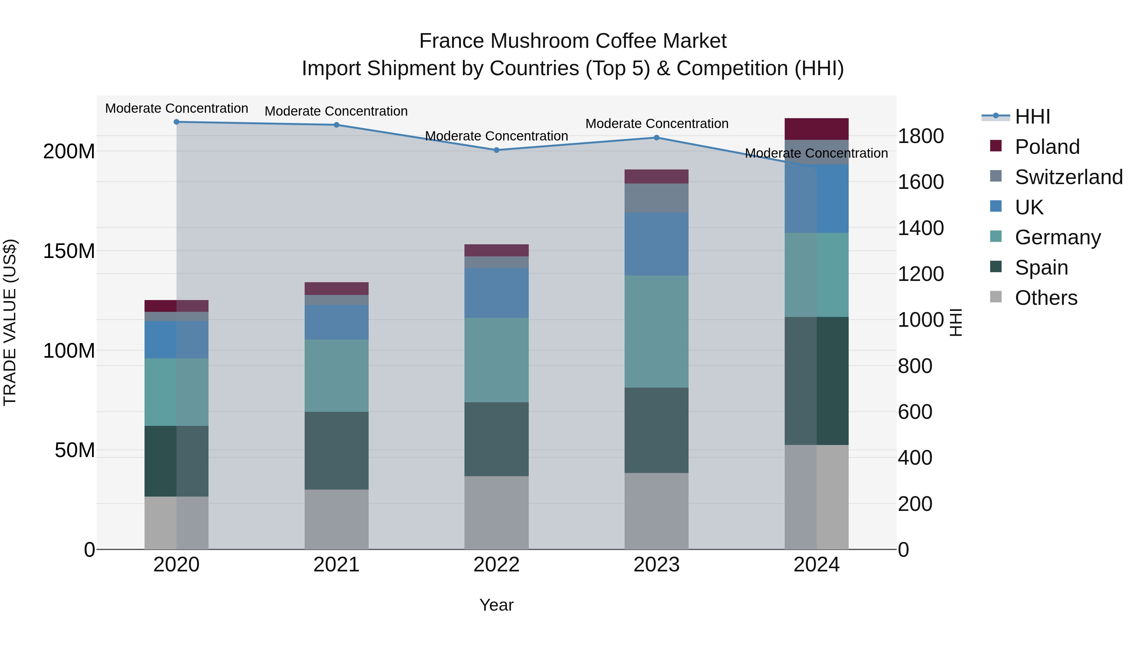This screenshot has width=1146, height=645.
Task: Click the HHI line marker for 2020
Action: (x=177, y=122)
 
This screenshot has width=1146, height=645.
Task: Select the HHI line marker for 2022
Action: (x=497, y=150)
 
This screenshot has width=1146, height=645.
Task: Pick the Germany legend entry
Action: (x=1058, y=237)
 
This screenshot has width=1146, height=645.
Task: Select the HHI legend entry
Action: (x=1032, y=117)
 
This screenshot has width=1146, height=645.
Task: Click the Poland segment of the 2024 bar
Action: (x=816, y=129)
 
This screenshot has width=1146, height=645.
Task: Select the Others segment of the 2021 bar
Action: (x=336, y=520)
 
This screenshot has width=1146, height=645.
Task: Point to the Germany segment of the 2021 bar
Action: (x=336, y=376)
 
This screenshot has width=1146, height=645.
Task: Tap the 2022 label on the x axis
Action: (x=497, y=565)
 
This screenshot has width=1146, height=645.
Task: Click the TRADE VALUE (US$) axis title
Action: (x=10, y=322)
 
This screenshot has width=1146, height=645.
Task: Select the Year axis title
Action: (x=497, y=605)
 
